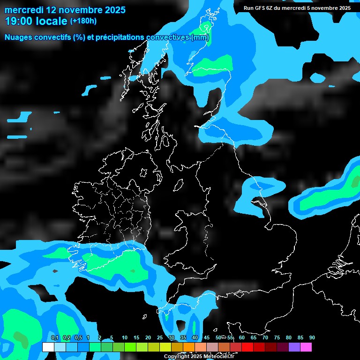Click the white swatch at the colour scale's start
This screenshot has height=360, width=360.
(x=48, y=347)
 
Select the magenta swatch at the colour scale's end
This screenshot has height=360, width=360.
(x=306, y=347)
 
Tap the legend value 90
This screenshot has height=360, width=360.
(x=312, y=337)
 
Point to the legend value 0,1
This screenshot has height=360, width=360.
(x=55, y=337)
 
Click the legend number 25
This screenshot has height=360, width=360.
(x=160, y=337)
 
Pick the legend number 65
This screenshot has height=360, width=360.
(x=254, y=337)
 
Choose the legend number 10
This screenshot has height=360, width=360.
(x=125, y=337)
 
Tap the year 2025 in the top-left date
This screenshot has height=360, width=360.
(x=112, y=10)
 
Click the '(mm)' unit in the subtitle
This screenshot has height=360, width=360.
(x=200, y=37)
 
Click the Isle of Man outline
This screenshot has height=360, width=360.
(x=179, y=185)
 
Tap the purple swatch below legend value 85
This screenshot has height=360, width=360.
(x=294, y=347)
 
